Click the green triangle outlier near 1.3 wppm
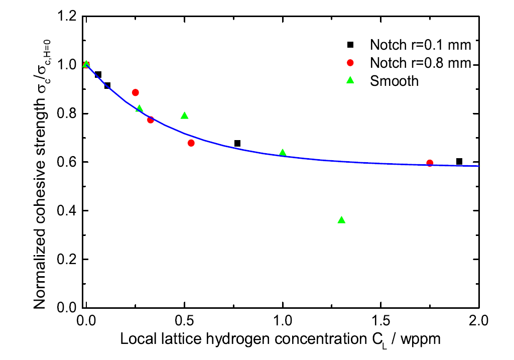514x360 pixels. tap(342, 220)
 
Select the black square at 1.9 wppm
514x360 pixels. tap(459, 161)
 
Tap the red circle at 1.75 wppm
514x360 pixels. tap(430, 163)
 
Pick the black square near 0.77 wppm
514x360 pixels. tap(237, 143)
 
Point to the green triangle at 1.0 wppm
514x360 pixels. tap(283, 153)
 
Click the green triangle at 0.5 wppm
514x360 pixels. tap(184, 115)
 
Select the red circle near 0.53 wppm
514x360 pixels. tap(191, 143)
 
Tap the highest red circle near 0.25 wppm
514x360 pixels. tap(135, 92)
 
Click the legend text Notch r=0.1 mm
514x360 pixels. tap(421, 45)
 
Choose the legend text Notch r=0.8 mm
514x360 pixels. tap(421, 63)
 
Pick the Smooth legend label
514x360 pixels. tap(395, 81)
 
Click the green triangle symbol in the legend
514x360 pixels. tap(351, 80)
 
